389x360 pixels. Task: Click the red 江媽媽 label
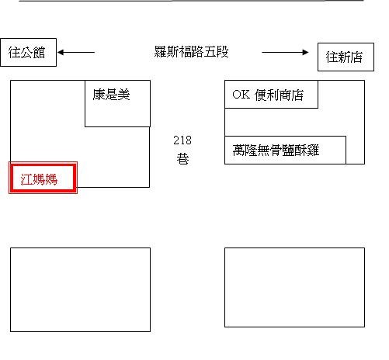(x=39, y=179)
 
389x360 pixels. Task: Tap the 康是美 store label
(x=111, y=94)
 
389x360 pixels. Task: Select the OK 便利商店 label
(x=268, y=95)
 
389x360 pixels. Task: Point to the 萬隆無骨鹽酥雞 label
(x=276, y=151)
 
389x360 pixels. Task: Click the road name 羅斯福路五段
(x=191, y=51)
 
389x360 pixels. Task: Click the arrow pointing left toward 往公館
(x=76, y=52)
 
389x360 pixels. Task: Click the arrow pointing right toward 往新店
(x=285, y=52)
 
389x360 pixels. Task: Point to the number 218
(x=182, y=140)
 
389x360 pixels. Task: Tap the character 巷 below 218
(x=182, y=158)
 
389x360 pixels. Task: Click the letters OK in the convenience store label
(x=241, y=95)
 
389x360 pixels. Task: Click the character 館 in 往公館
(x=40, y=53)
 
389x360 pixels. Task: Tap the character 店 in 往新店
(x=356, y=57)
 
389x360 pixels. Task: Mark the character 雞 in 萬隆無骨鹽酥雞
(x=313, y=151)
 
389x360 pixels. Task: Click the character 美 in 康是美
(x=123, y=94)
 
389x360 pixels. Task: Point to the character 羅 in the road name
(x=161, y=51)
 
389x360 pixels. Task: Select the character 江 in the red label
(x=26, y=179)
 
